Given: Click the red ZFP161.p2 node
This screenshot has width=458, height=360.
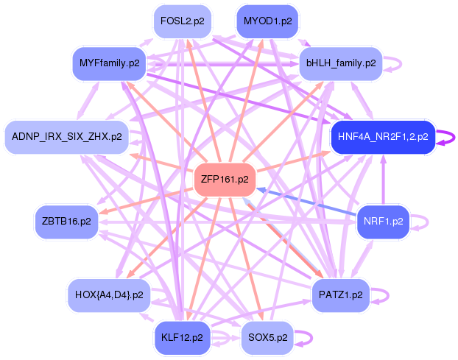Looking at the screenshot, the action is [x=224, y=179].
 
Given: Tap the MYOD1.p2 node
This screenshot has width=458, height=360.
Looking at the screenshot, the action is [x=267, y=21].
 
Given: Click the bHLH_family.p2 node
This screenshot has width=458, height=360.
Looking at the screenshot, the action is [x=341, y=63].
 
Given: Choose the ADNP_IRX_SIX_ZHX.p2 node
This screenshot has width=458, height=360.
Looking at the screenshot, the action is [x=66, y=137].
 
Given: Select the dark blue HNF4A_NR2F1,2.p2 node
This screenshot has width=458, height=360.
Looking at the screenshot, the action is [x=382, y=137].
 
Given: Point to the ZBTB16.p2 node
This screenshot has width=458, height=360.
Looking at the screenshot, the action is [x=66, y=221].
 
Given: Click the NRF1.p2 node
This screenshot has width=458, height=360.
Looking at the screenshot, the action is [x=383, y=221].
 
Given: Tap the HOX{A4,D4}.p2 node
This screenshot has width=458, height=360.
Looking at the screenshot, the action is [x=108, y=294].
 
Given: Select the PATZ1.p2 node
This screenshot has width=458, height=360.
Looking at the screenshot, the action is [x=340, y=294].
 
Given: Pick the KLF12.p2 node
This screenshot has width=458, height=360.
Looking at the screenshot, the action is [x=182, y=337].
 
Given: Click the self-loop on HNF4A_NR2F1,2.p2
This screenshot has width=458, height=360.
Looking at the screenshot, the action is [x=445, y=137].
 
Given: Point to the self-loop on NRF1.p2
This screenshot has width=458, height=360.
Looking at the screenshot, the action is [x=420, y=221].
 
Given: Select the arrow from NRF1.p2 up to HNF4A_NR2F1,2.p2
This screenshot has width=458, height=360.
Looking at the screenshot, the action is [x=382, y=180].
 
